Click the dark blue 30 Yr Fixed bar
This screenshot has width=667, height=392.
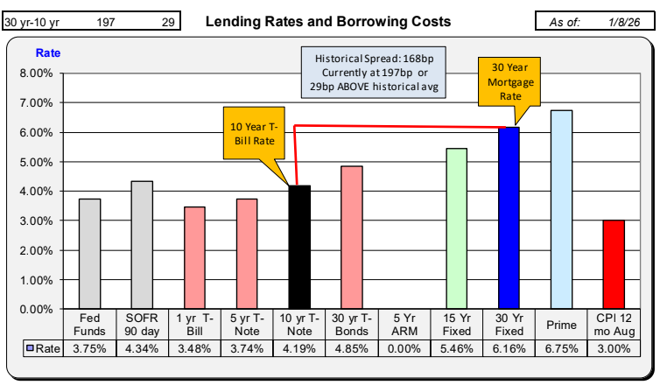[x=508, y=218]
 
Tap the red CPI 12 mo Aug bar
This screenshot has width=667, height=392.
[x=613, y=264]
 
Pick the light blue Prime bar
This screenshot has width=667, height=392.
[x=560, y=210]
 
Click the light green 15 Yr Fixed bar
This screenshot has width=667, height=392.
[x=456, y=228]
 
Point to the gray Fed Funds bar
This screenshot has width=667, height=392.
[x=89, y=254]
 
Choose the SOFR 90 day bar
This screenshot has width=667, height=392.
[x=142, y=245]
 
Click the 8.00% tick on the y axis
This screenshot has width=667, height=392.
[x=36, y=73]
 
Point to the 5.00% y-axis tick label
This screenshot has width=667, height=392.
[x=36, y=162]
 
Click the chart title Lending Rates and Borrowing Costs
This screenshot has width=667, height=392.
[x=328, y=21]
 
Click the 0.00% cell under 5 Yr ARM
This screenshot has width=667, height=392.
[x=404, y=348]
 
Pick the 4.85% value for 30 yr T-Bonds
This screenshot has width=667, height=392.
[x=351, y=348]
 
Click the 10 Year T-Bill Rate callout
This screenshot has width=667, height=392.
[x=250, y=136]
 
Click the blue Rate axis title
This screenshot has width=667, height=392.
[x=47, y=53]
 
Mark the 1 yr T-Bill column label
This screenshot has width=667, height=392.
[x=194, y=325]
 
